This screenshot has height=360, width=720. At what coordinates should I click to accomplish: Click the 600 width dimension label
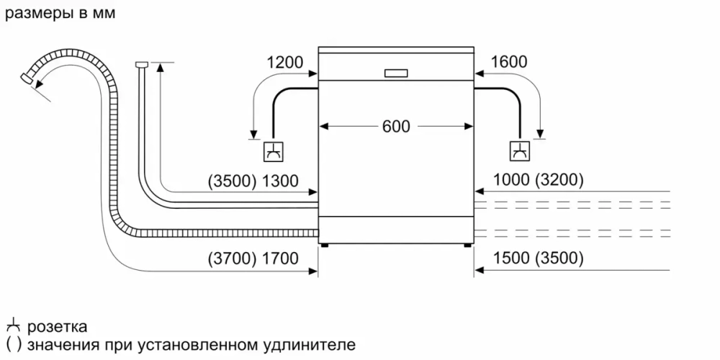(x=395, y=126)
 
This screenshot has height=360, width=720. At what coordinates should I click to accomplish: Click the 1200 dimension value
(x=284, y=63)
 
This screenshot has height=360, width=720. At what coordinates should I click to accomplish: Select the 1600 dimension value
(x=508, y=63)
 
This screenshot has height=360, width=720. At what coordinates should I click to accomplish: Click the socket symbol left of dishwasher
(x=274, y=151)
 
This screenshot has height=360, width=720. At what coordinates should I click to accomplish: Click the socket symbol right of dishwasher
(x=518, y=151)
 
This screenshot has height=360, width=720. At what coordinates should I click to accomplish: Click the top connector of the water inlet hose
(x=140, y=65)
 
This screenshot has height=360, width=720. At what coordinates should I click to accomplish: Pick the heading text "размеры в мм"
(x=59, y=14)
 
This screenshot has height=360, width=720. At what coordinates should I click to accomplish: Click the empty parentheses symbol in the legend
(x=12, y=344)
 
